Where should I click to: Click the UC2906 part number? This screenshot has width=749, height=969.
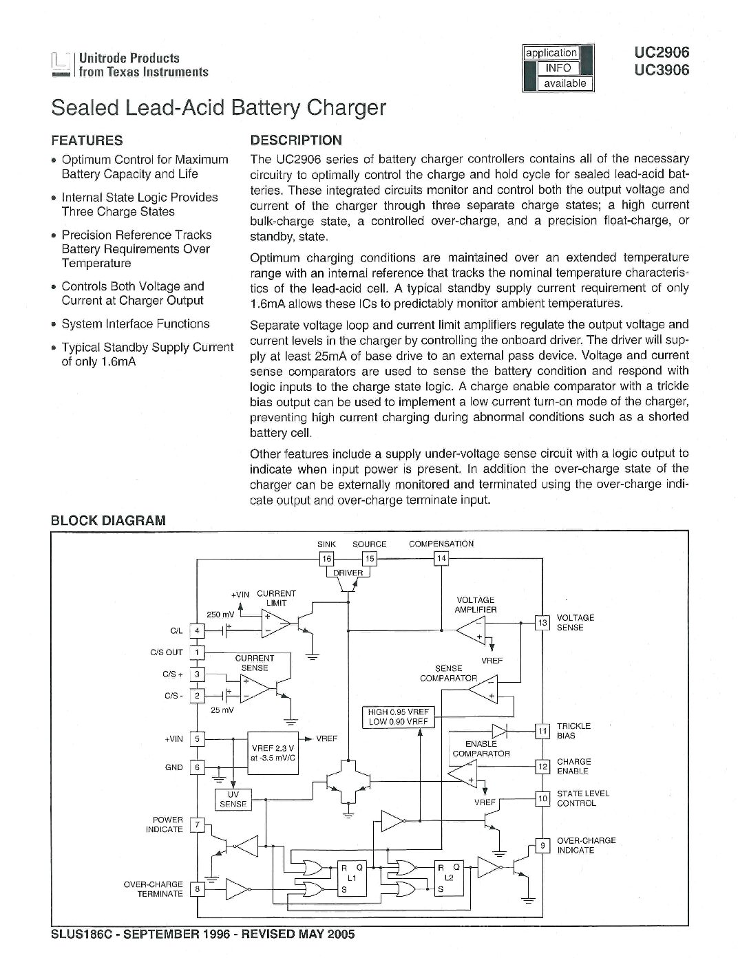662,52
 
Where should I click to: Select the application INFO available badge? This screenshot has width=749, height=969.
558,68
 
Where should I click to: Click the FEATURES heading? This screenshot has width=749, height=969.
87,140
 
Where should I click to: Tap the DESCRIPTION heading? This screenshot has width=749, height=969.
295,140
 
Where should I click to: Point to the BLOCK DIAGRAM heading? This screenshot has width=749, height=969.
108,520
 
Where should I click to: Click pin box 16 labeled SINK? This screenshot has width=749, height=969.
326,559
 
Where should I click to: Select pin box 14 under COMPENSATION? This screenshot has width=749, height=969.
441,558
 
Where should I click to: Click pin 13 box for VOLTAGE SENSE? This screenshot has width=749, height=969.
542,622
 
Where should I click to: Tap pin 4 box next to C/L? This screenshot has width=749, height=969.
197,630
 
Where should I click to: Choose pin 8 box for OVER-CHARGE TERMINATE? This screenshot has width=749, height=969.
197,889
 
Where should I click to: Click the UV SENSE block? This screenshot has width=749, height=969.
233,799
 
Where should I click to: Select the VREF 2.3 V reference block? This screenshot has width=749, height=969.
273,752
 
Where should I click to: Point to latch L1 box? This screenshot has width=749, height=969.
351,878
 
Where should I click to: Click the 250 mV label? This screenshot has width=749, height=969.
220,615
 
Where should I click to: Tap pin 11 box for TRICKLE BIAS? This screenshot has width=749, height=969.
542,731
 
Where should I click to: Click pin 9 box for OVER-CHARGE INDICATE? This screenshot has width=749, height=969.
542,846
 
